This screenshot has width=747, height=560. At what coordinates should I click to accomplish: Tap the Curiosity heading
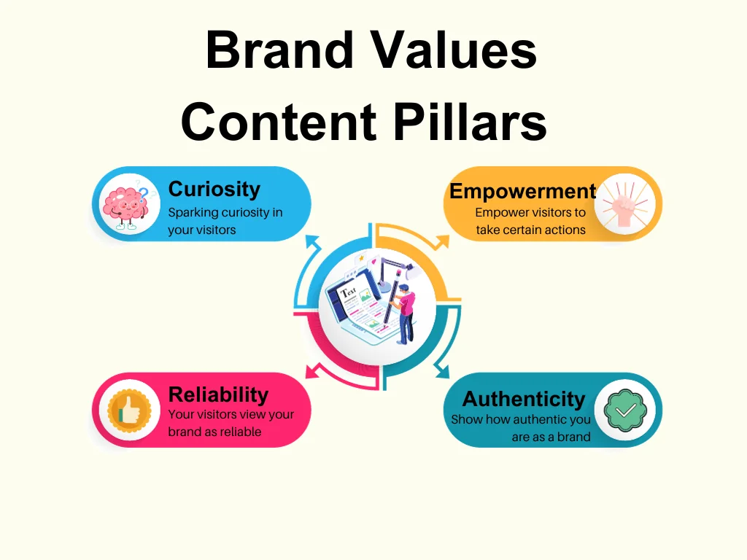pos(214,189)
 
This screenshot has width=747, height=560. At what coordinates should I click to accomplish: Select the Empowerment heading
pos(522,191)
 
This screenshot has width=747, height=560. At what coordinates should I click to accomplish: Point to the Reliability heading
pos(218,394)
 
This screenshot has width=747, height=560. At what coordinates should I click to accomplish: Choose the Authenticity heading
pos(523,399)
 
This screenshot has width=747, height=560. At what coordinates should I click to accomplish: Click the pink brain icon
pos(124,205)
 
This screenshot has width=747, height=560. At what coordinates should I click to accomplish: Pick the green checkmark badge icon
pos(624,411)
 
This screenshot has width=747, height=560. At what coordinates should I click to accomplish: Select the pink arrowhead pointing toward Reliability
pos(312,370)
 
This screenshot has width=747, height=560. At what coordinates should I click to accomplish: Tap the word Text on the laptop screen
pos(349,293)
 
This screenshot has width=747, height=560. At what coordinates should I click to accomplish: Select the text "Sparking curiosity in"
pos(225,213)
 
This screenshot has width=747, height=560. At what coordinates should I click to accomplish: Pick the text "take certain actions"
pos(530,230)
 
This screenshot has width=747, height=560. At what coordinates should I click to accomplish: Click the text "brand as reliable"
pos(214,431)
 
